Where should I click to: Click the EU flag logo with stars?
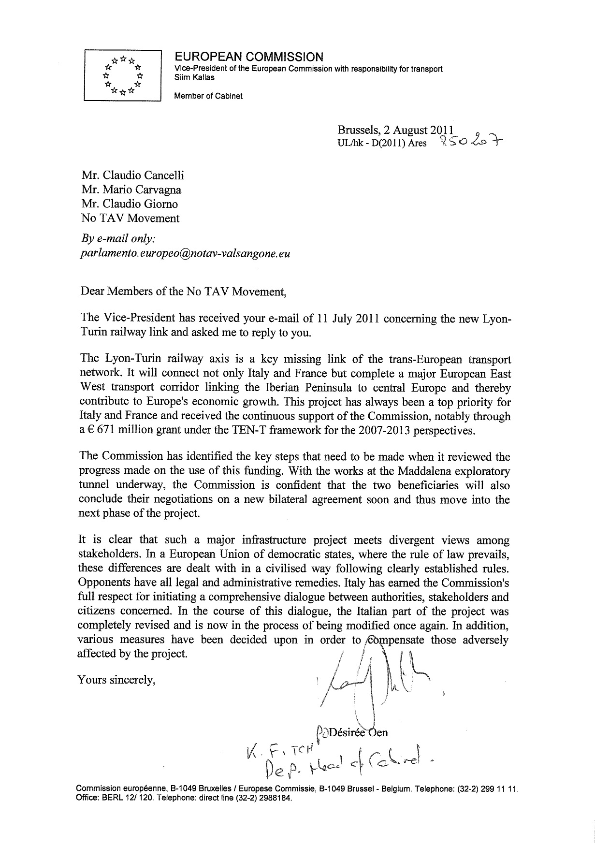(122, 74)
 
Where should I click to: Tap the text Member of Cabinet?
(208, 96)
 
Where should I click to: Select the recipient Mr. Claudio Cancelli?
(133, 175)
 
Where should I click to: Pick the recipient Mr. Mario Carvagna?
(131, 190)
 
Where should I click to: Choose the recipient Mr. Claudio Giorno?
(130, 204)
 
